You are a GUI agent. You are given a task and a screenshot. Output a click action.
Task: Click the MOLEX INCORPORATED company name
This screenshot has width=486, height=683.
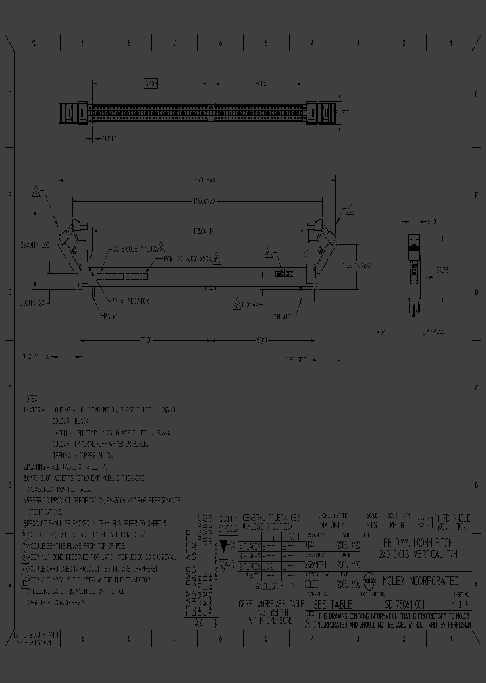[x=421, y=580]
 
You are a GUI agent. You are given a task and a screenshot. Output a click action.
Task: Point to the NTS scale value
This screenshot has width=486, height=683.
[x=371, y=524]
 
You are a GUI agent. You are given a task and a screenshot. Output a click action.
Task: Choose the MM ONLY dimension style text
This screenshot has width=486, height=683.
[x=331, y=524]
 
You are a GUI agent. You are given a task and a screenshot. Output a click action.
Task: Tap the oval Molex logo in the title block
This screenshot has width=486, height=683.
[x=370, y=579]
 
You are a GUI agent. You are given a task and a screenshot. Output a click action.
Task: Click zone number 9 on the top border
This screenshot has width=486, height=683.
[x=83, y=43]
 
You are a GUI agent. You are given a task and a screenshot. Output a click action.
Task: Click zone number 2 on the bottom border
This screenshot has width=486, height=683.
[x=404, y=636]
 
